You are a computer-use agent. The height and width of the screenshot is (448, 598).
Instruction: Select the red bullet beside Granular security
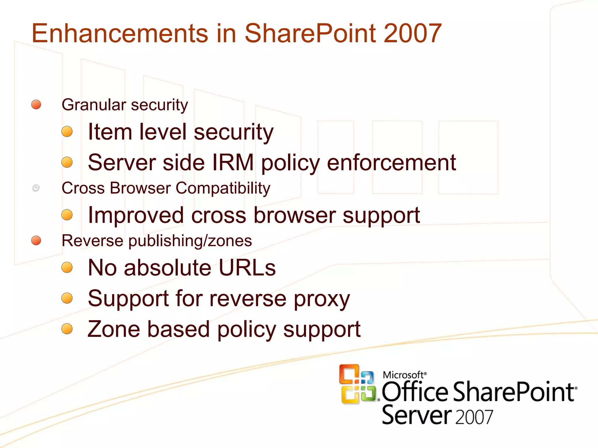click(36, 104)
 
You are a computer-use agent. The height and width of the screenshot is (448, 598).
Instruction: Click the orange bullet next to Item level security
click(67, 132)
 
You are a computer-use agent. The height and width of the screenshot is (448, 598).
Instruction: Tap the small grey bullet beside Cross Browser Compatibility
click(36, 188)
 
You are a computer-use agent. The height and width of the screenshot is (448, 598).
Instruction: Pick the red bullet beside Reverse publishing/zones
click(36, 241)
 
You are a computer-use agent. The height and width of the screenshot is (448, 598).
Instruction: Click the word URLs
click(247, 267)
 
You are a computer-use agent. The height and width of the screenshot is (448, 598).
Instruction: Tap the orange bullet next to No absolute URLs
click(67, 267)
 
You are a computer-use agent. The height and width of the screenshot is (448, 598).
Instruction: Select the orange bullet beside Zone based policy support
click(67, 329)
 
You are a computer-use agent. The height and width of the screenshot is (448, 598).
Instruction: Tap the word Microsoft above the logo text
click(403, 375)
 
